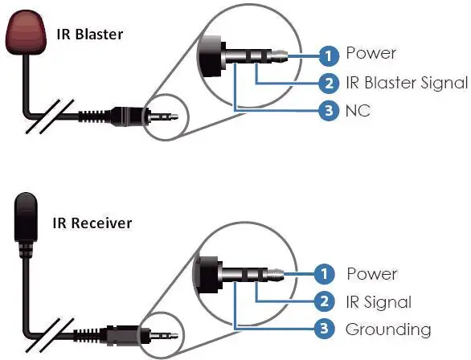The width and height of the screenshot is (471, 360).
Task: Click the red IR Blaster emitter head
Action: click(27, 32)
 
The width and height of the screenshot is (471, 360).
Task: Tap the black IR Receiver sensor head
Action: click(26, 217)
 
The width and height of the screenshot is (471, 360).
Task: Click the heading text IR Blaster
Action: click(90, 34)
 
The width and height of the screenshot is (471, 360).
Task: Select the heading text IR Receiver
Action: click(92, 223)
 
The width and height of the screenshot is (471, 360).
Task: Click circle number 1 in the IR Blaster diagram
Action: click(329, 55)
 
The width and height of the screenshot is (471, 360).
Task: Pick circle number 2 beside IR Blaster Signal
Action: click(329, 83)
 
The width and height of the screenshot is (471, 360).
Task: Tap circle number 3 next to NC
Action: click(329, 110)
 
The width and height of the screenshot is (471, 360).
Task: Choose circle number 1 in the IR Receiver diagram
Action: click(324, 274)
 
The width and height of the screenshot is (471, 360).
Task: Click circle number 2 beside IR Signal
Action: click(324, 301)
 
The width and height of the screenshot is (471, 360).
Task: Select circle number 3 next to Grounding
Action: click(324, 328)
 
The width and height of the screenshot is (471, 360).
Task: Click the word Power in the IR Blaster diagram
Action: click(371, 53)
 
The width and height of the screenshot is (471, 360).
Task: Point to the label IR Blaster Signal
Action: click(407, 83)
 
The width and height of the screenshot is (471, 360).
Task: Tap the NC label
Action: click(358, 111)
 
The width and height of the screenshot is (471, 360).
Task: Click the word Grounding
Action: click(388, 330)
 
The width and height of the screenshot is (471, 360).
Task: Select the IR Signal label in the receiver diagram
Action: click(379, 302)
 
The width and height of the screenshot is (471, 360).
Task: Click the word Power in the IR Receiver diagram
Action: click(372, 274)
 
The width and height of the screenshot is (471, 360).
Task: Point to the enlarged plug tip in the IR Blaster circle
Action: click(280, 56)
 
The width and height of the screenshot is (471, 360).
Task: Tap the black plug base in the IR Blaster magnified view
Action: click(211, 56)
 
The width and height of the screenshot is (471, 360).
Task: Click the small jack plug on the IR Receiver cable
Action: click(164, 335)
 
